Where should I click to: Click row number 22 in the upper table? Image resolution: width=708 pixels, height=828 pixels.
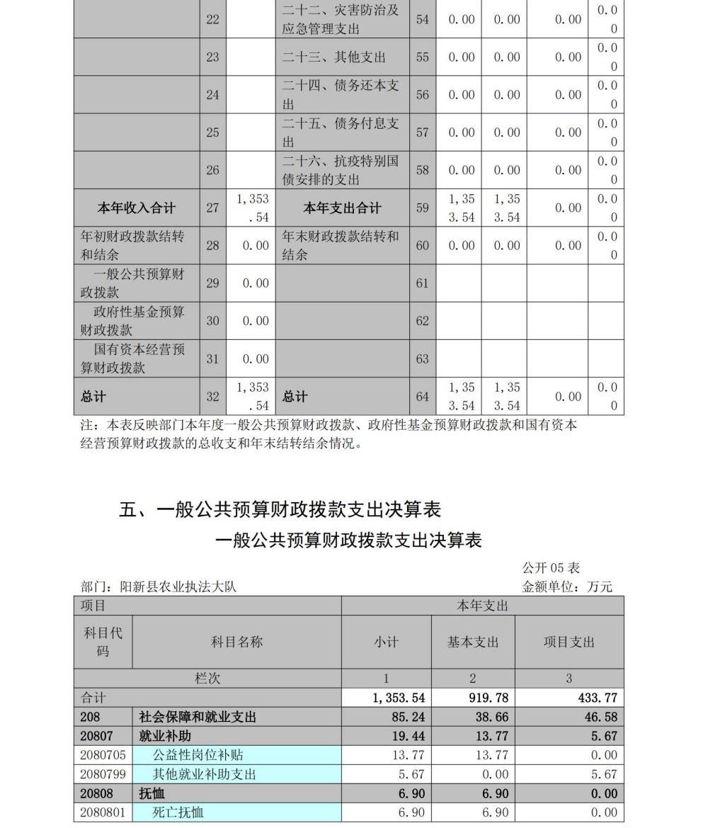point(212,20)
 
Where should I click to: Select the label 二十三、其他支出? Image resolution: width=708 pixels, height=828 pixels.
point(334,57)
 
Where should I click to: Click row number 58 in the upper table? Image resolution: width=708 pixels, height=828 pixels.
point(422,170)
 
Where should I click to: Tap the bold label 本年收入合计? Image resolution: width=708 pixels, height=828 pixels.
point(136,208)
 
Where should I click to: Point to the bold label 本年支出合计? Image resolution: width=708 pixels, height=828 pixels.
point(342,208)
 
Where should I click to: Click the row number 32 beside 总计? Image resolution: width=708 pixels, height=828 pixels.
point(212,397)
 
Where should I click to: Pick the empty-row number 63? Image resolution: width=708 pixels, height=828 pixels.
point(422,359)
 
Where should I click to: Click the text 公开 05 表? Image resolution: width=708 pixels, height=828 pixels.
point(551,568)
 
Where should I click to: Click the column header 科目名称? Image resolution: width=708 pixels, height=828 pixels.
point(236,642)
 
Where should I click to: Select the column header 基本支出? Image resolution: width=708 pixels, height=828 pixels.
point(472,642)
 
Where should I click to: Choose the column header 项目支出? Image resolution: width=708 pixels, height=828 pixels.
point(569,642)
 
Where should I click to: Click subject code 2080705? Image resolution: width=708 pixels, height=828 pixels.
point(103,755)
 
